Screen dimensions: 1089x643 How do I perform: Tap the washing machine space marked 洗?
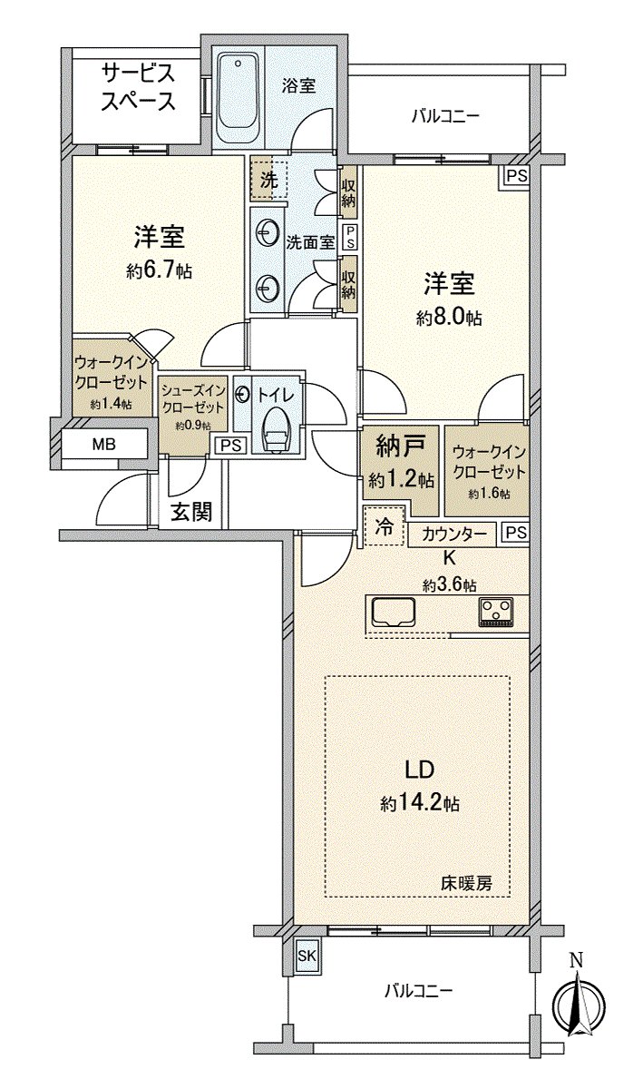[268, 180]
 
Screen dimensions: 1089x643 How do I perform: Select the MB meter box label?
[103, 445]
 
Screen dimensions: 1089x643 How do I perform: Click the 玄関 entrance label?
[191, 512]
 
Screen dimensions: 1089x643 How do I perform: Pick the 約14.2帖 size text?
[418, 803]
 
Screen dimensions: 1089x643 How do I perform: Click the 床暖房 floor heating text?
[467, 882]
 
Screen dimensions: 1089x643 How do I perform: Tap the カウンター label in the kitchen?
[453, 535]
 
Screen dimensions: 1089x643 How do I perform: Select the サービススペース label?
[138, 87]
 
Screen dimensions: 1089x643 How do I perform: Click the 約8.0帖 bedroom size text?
[449, 318]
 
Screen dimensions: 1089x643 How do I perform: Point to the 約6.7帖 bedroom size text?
[160, 270]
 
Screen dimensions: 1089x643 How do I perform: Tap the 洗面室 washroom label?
[309, 242]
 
